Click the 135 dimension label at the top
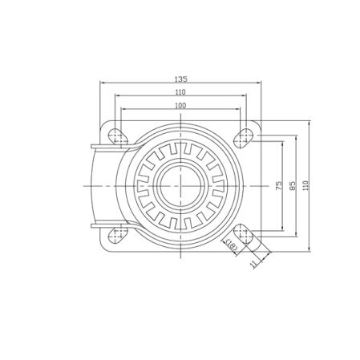tap(180, 79)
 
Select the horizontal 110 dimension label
tap(180, 92)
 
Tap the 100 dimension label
tap(180, 106)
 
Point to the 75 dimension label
tap(279, 185)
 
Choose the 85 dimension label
tap(293, 185)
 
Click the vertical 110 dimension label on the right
tap(305, 185)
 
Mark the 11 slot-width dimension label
tap(254, 264)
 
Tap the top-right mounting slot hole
tap(244, 137)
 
